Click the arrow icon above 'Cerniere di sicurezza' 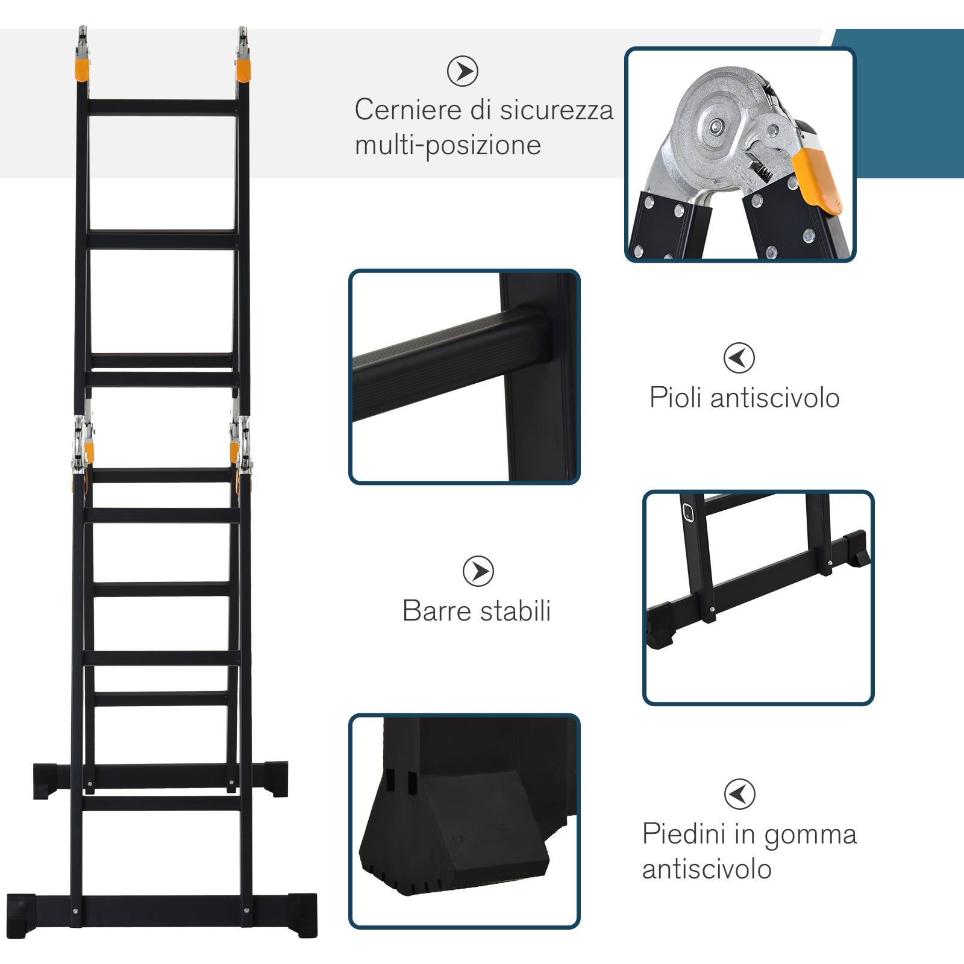[463, 71]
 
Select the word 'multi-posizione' [448, 146]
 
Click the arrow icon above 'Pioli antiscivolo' [739, 358]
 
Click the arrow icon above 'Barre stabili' [478, 571]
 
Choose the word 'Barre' [435, 611]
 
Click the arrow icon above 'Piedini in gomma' [739, 793]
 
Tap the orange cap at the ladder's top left [83, 69]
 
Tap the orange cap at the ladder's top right [243, 69]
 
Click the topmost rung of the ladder [163, 108]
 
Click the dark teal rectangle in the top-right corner [910, 102]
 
